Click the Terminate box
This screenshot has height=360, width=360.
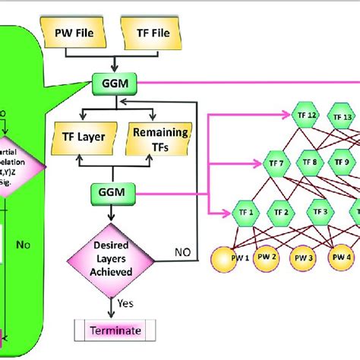point(117,331)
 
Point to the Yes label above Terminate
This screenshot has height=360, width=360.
point(127,305)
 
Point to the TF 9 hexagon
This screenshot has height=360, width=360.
point(344,162)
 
